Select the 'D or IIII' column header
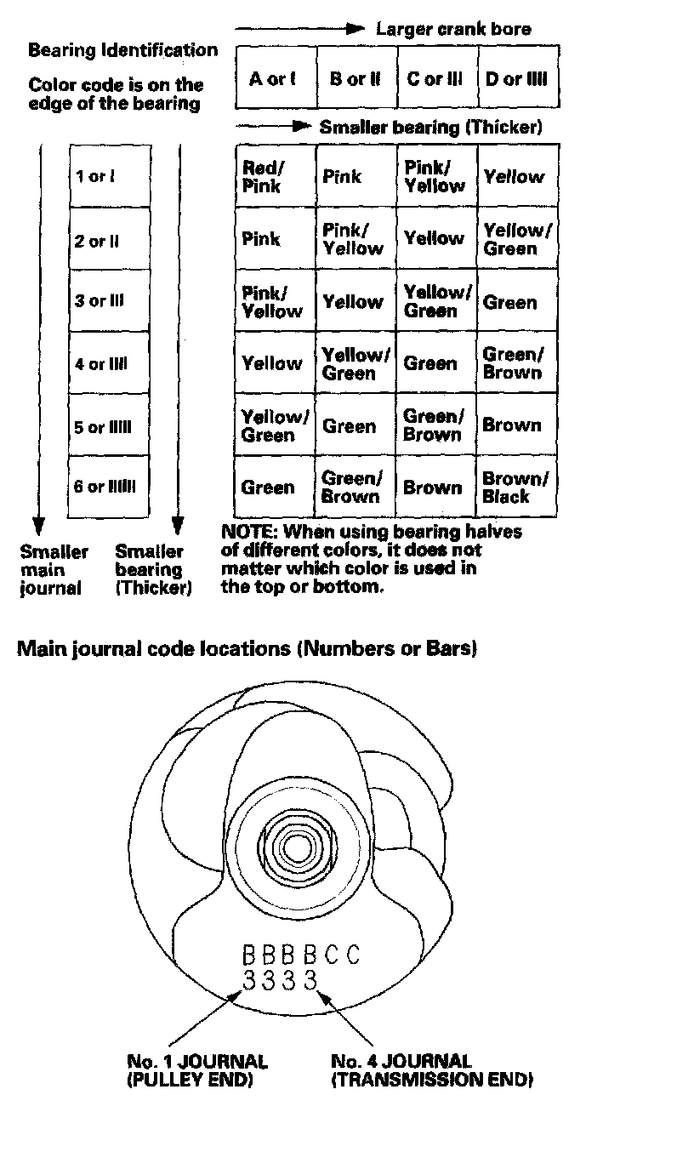coord(517,79)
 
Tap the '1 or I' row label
coord(95,177)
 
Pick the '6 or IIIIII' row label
coord(105,488)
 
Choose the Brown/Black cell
coord(515,488)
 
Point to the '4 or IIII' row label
coord(100,364)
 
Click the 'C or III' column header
coord(435,79)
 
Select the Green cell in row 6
coord(268,488)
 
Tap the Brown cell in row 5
coord(511,425)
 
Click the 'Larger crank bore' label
coord(453,29)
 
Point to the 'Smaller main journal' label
coord(52,569)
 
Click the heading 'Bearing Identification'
coord(123,49)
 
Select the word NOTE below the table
coord(246,533)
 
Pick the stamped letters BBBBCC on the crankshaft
coord(301,955)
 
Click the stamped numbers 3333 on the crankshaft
coord(280,980)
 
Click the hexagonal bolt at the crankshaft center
coord(297,847)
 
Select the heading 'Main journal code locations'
coord(247,649)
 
